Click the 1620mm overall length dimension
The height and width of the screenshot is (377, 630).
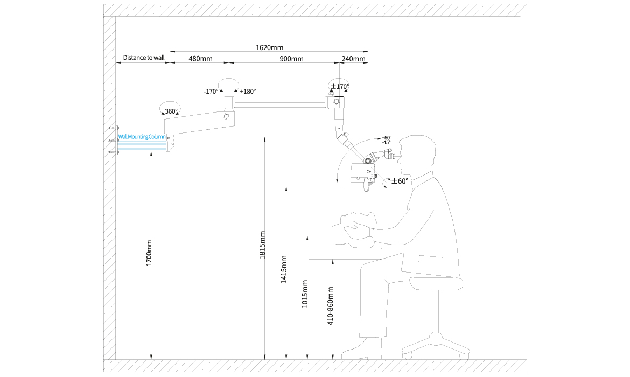269,47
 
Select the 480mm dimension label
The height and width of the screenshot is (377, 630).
200,59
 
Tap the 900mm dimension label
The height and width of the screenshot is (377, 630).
291,59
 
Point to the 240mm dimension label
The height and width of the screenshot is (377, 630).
354,59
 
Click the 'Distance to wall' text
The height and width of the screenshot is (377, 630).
143,58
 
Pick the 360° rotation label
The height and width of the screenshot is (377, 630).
171,111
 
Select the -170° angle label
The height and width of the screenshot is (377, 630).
211,92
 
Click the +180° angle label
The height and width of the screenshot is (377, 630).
248,92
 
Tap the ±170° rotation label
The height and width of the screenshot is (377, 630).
340,86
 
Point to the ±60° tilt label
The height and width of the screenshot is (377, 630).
400,181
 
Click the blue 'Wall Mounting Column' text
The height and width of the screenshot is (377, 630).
142,137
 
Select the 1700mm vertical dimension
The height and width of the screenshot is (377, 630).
149,253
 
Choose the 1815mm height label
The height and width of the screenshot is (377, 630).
262,245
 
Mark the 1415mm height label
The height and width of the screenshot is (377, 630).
284,270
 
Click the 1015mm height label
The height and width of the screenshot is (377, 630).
305,294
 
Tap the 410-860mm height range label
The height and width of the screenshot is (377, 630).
331,306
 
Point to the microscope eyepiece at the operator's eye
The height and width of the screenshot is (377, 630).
388,154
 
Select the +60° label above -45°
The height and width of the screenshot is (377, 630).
387,138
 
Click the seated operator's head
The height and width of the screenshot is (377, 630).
417,155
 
